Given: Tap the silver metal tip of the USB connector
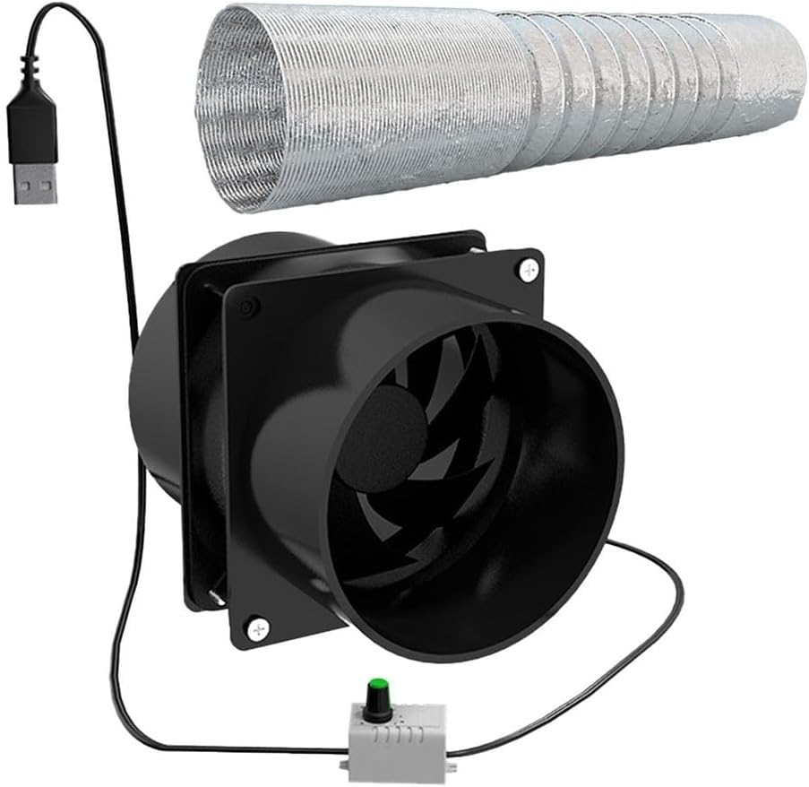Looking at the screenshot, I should point(35,183).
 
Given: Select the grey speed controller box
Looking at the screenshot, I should point(400,725).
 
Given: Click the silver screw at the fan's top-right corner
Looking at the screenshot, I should point(529,266).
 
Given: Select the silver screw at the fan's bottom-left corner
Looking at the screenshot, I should point(258,630).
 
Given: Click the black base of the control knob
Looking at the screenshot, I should point(376,708).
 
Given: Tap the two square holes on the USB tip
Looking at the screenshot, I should point(35,188).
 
